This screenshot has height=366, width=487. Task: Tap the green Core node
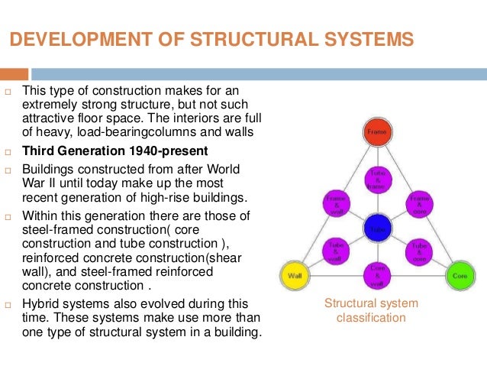point(460,274)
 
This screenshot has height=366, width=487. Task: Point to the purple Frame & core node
point(419,203)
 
